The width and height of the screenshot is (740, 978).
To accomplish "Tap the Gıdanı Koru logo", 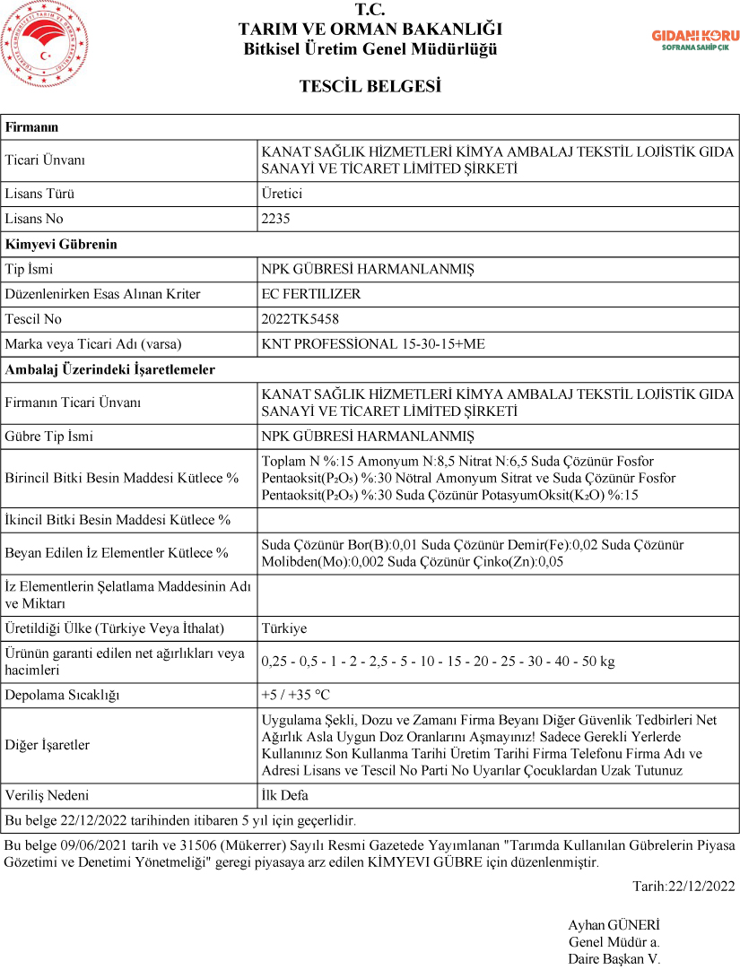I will (695, 39).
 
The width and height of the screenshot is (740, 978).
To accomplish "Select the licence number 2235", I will (275, 219).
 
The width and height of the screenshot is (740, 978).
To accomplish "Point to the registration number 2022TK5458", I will (300, 319).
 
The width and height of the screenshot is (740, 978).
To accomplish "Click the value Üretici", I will (282, 194).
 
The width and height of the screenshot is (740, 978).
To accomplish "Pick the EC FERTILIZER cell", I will (310, 294).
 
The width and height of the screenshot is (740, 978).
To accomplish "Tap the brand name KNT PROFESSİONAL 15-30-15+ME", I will (372, 344).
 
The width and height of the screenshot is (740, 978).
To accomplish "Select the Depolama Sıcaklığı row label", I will (62, 696).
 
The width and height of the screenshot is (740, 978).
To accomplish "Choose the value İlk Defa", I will (284, 795).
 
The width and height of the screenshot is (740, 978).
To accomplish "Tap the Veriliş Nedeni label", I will (47, 795).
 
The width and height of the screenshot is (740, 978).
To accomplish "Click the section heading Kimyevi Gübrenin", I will (61, 244).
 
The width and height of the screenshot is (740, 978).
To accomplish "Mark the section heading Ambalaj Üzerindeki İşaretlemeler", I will (110, 369).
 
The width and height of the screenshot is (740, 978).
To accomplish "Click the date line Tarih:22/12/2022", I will (683, 887).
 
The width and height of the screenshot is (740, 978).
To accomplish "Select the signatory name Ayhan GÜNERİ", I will (614, 925).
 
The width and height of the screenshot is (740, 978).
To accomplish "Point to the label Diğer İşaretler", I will (48, 746).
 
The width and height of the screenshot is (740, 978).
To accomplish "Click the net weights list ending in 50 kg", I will (438, 662).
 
